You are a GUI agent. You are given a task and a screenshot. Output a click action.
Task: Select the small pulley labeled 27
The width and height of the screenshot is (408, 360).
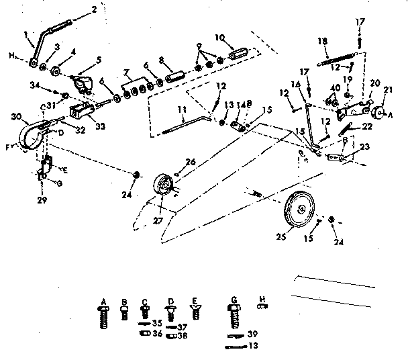tap(162, 185)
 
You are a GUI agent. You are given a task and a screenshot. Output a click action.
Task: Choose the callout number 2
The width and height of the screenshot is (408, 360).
tap(94, 10)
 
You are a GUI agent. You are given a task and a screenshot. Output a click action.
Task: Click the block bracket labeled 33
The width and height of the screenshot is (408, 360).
tap(80, 107)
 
